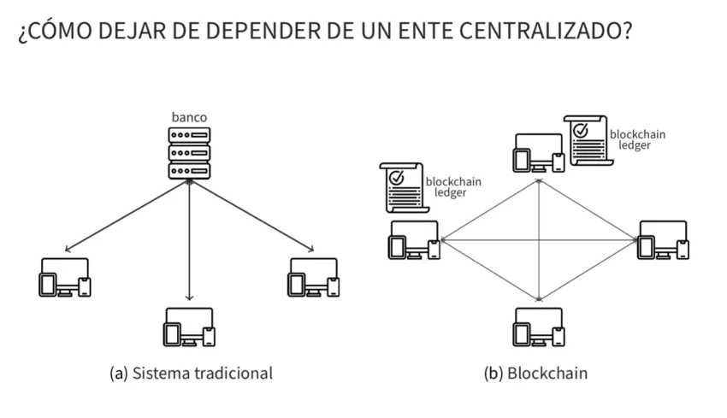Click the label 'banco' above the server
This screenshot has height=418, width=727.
coord(189,117)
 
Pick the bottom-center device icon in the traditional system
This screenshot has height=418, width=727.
coord(189,327)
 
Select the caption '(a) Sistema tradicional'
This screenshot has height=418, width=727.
coord(192,374)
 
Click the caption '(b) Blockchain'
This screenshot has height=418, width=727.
coord(537,374)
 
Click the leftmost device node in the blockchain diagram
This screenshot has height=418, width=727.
coord(414,240)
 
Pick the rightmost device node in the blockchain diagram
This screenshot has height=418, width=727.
coord(664,240)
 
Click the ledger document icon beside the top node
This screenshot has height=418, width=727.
coord(587,139)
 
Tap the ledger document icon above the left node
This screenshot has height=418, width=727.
coord(399,187)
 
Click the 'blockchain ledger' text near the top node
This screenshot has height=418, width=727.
coord(637,139)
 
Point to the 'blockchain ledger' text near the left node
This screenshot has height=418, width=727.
coord(451,187)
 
